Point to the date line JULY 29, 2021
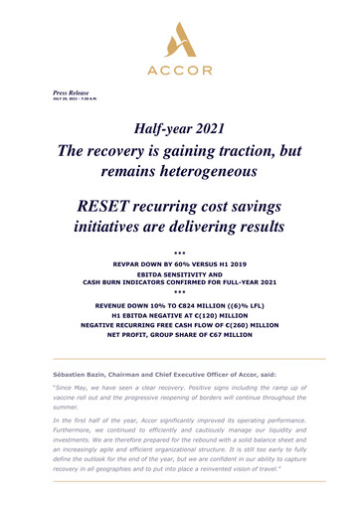(x=72, y=98)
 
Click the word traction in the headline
(x=238, y=150)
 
